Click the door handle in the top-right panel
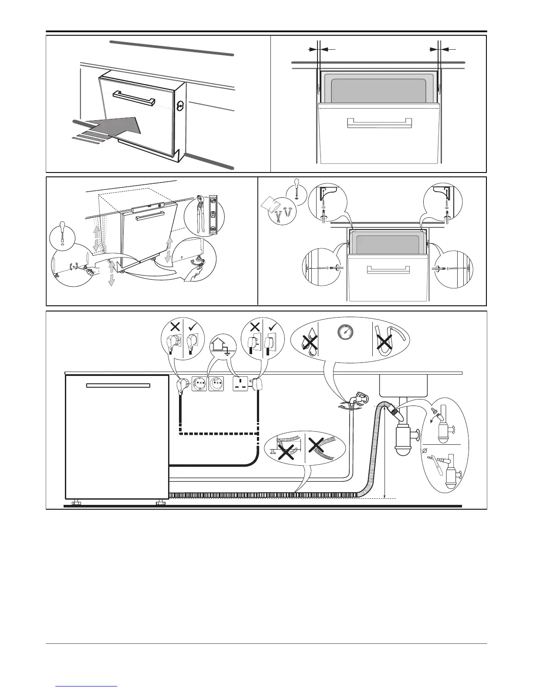379,123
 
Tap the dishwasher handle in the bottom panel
118,386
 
